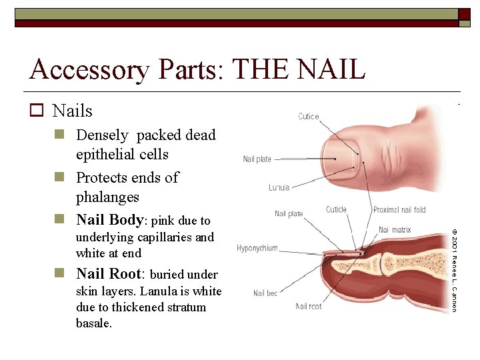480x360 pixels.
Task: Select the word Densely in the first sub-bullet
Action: pyautogui.click(x=102, y=135)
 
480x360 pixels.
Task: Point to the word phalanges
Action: pyautogui.click(x=107, y=197)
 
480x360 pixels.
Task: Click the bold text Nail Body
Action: pyautogui.click(x=109, y=220)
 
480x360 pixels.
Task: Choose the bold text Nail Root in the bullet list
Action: pyautogui.click(x=110, y=273)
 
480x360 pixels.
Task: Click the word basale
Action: pyautogui.click(x=94, y=323)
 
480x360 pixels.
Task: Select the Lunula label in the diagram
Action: pyautogui.click(x=279, y=188)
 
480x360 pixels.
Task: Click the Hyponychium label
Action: pyautogui.click(x=257, y=249)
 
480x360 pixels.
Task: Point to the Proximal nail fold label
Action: pyautogui.click(x=399, y=210)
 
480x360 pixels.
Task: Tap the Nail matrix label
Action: pyautogui.click(x=395, y=230)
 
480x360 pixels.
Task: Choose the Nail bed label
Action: pyautogui.click(x=265, y=293)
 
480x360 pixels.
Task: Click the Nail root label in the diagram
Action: pyautogui.click(x=309, y=307)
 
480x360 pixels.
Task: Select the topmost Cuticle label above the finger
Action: pyautogui.click(x=309, y=117)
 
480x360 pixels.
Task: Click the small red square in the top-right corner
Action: pyautogui.click(x=464, y=15)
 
